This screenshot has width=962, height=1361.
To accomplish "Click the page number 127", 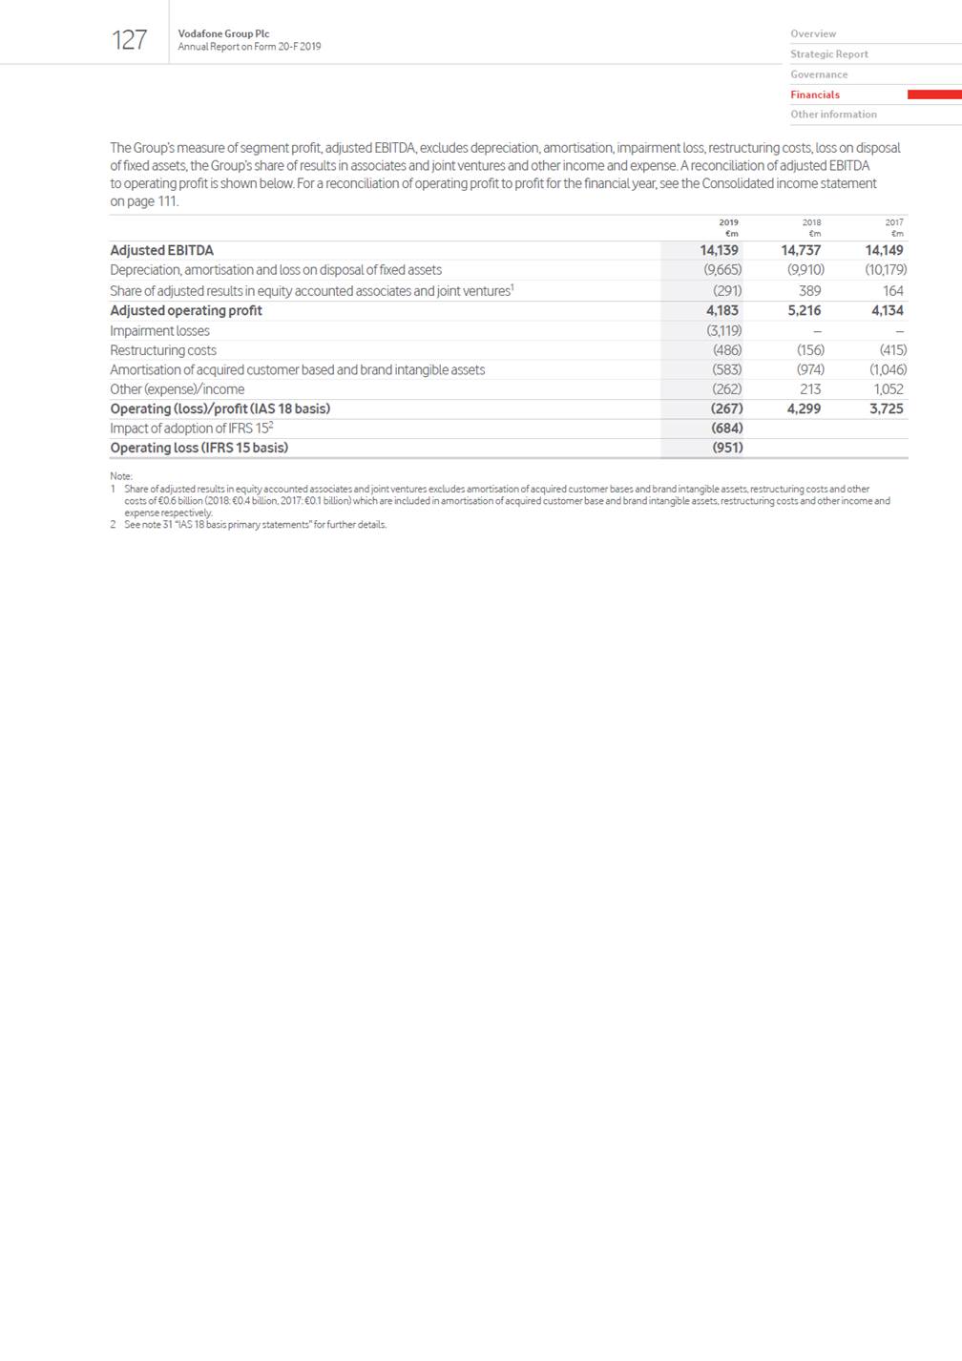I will point(129,40).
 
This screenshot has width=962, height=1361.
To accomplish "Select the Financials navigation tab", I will point(815,94).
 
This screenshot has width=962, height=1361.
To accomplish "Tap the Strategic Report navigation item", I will point(828,54).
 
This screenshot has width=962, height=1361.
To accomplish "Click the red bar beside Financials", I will point(933,94).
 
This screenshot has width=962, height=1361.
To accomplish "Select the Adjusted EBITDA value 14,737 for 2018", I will point(801,250).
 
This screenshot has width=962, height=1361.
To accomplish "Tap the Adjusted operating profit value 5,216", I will point(804,310).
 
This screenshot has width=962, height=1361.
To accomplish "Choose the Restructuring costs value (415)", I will point(892,350).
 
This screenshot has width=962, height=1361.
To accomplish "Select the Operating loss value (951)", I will point(727,448).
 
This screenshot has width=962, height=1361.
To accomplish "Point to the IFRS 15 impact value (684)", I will point(727,429).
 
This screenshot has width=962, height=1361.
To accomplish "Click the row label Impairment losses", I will point(159,331).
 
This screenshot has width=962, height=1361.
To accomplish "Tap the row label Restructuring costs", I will point(163,350).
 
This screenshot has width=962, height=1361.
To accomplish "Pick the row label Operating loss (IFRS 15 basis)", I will point(199,448).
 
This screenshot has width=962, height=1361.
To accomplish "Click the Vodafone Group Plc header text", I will point(223,33).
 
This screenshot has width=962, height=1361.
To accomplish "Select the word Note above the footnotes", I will point(120,476).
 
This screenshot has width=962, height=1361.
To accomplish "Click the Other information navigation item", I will point(833,115).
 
